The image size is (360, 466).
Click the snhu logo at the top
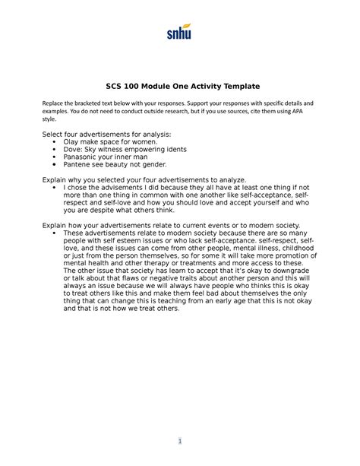pyautogui.click(x=179, y=33)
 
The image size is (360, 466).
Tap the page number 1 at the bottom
pyautogui.click(x=179, y=442)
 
